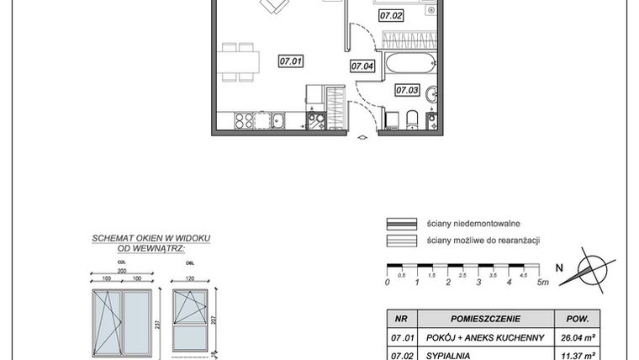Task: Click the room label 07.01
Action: [x=291, y=61]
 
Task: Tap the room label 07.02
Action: [x=392, y=14]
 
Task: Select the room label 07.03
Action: [x=407, y=90]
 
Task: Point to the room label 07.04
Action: [x=362, y=66]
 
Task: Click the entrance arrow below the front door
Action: [x=362, y=137]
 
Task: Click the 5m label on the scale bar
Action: [x=541, y=283]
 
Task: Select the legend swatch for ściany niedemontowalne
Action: [x=401, y=225]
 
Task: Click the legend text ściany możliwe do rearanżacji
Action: [x=483, y=241]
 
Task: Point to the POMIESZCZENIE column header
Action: [x=486, y=319]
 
